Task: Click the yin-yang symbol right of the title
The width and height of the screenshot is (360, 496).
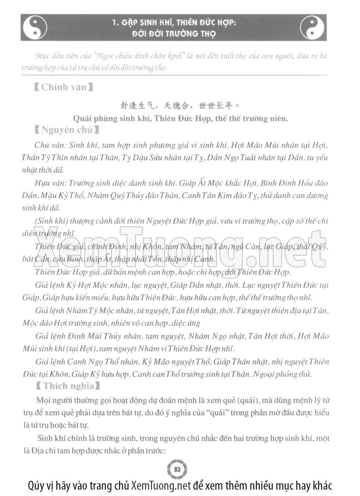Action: (312, 27)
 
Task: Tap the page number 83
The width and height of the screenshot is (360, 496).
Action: (177, 470)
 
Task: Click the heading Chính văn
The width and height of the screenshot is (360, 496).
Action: (64, 87)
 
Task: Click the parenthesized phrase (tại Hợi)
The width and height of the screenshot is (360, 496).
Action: (80, 349)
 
